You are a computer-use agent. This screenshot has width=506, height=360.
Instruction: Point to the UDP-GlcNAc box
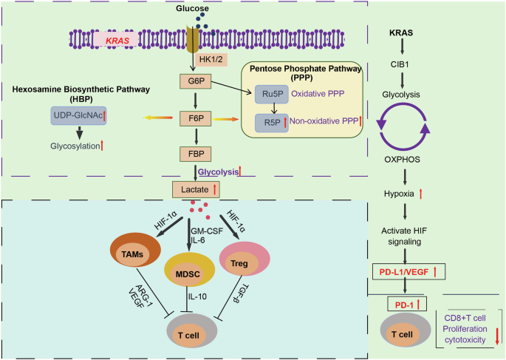78,115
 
